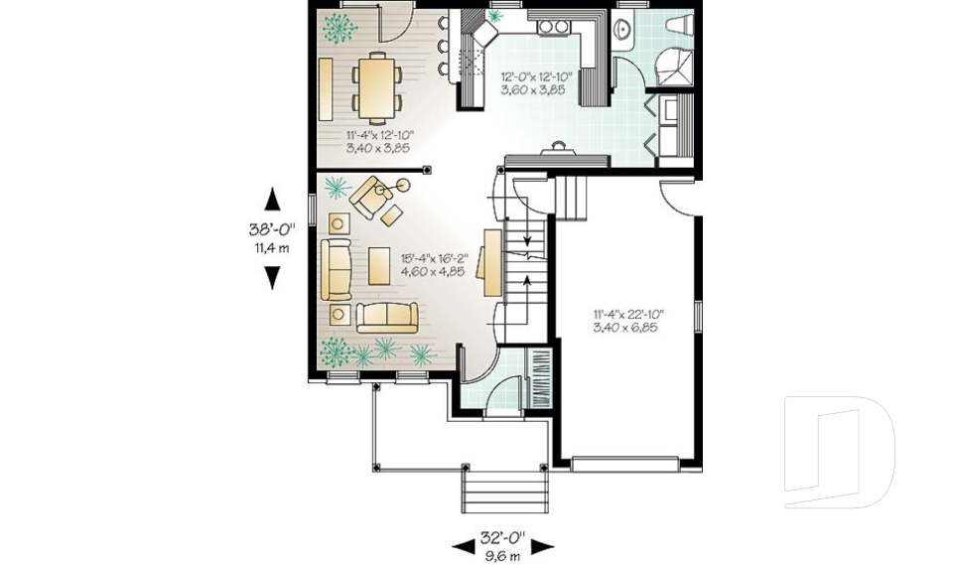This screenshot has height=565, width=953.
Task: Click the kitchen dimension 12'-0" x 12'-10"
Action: pos(532,82)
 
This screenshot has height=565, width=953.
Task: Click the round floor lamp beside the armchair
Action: pos(404,185)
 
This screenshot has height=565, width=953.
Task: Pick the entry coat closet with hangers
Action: pos(541,379)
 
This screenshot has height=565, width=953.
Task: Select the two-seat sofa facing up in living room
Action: pos(387,316)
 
